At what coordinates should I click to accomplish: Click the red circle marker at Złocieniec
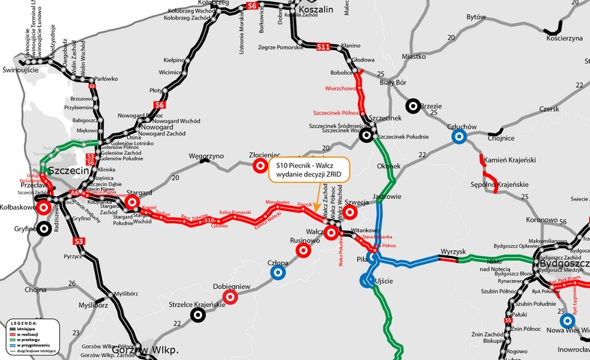[260, 165]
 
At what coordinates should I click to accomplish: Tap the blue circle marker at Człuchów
[461, 138]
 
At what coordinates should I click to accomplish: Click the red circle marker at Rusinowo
[303, 251]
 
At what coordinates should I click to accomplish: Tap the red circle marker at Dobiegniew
[231, 296]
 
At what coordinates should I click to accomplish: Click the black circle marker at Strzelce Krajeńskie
[198, 315]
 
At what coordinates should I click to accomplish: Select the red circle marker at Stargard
[133, 202]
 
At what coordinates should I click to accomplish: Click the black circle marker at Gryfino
[45, 228]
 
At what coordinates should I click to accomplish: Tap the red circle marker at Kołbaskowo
[45, 207]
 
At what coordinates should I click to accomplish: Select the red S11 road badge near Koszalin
[323, 47]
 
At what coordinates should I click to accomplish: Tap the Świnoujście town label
[20, 70]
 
